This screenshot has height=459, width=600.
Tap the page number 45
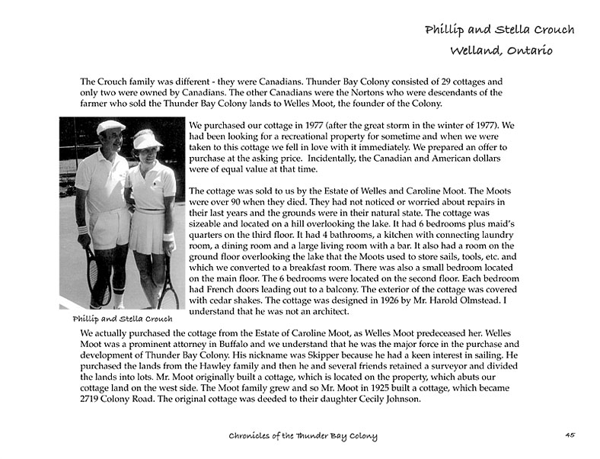[570, 435]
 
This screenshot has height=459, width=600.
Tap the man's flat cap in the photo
[110, 127]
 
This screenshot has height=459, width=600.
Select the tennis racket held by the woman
[168, 282]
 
